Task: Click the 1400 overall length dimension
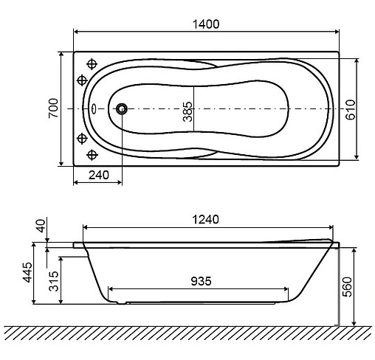pos(207,24)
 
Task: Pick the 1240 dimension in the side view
pos(207,221)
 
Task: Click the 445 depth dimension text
pos(27,272)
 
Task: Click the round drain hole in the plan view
pos(122,109)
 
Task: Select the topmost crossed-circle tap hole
pos(92,63)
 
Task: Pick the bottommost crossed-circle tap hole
pos(92,154)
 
